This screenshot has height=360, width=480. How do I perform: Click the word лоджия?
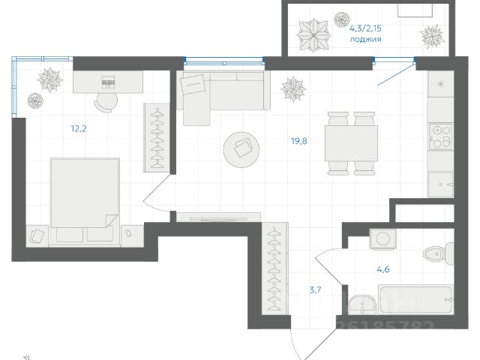[x=366, y=39]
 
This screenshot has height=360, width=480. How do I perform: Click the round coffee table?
[x=242, y=150]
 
